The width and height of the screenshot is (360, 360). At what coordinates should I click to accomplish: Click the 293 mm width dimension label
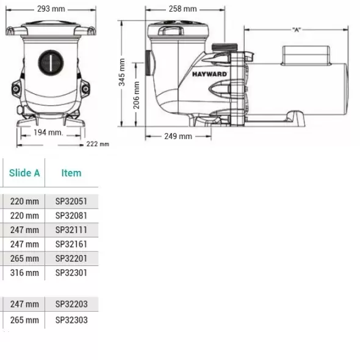(51, 9)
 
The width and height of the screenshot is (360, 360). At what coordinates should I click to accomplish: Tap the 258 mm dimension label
(183, 9)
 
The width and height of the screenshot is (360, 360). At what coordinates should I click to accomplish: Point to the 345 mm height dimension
(121, 72)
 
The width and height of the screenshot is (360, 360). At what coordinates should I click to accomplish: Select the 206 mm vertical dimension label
(137, 95)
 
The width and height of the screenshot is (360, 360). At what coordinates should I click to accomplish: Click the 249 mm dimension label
(178, 137)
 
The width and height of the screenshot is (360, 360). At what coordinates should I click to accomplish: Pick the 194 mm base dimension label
(48, 132)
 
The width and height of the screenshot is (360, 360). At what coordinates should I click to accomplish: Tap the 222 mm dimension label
(98, 144)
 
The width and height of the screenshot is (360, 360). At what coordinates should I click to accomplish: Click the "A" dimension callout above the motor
(297, 30)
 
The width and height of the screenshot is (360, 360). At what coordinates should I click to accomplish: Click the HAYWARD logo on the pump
(209, 74)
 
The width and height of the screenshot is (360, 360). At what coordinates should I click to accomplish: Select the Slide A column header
(24, 173)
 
